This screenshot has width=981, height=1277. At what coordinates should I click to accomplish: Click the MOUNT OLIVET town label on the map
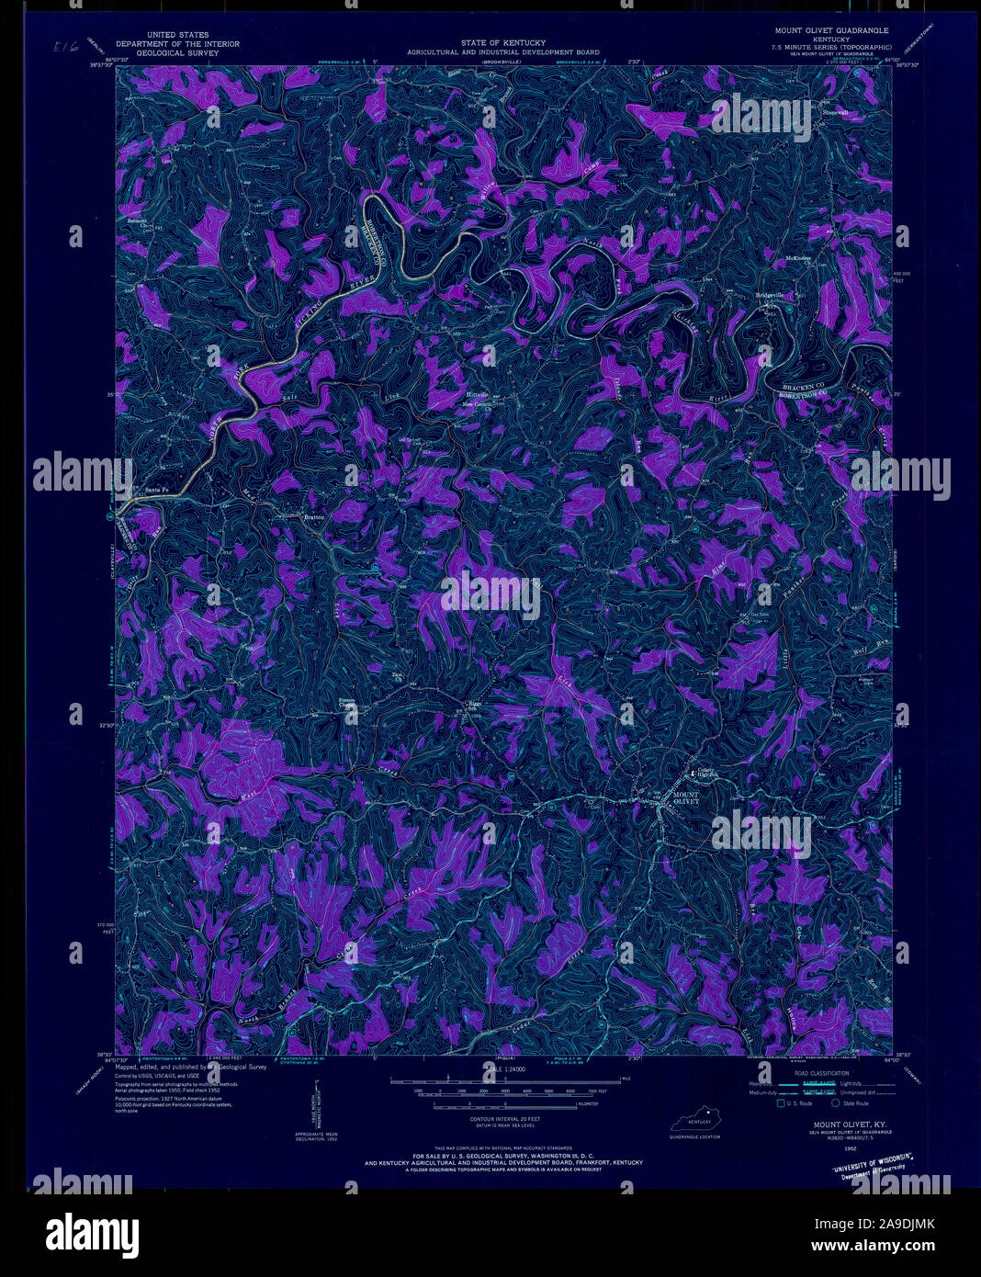coord(685,797)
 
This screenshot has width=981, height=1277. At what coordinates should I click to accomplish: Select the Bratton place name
coord(315,517)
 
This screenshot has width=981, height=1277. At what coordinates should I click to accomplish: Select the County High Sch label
coord(705,774)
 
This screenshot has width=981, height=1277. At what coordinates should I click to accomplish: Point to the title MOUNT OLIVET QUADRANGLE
coord(831,30)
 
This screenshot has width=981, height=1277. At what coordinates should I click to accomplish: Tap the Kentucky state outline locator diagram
coord(694,1122)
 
